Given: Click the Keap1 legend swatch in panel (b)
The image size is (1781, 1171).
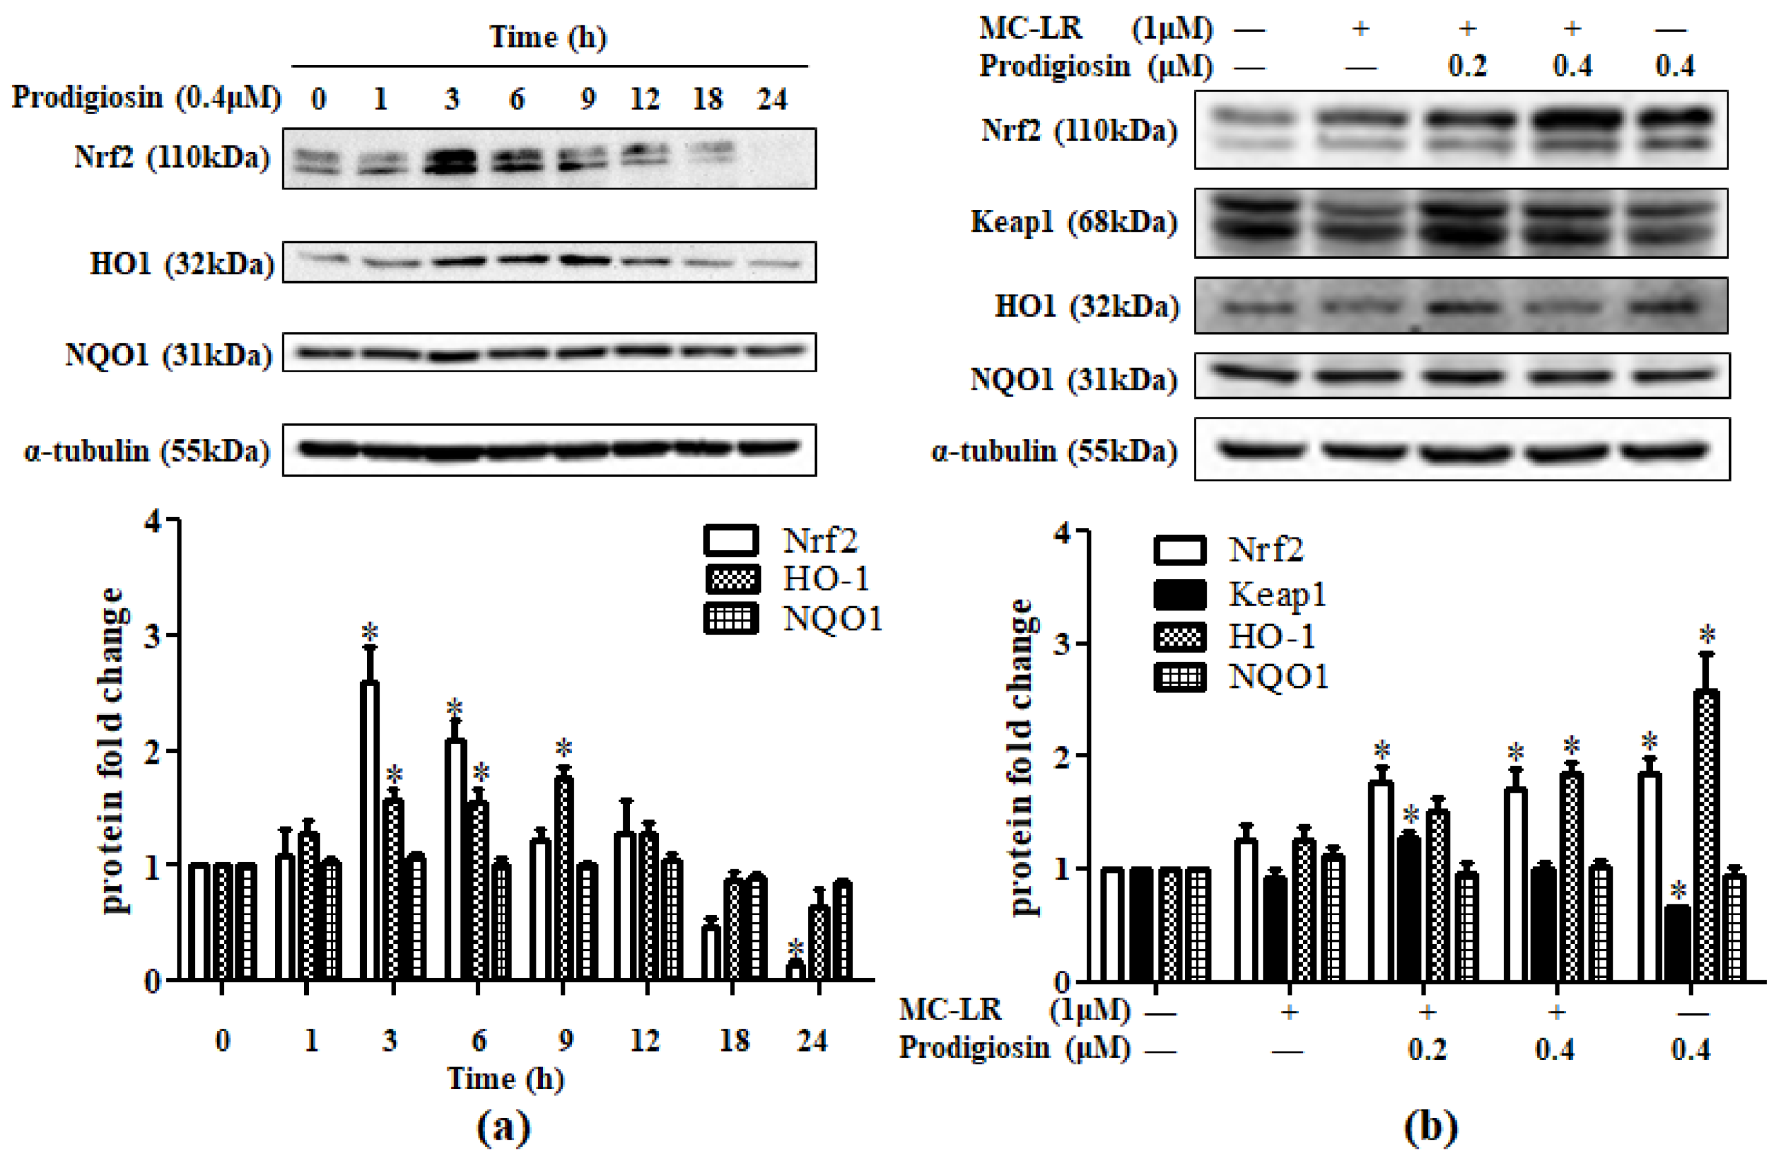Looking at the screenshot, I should pyautogui.click(x=1180, y=595).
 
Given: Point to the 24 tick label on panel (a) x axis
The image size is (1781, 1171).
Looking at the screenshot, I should pyautogui.click(x=812, y=1040).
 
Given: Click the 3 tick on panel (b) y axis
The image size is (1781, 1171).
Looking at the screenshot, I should pyautogui.click(x=1062, y=644).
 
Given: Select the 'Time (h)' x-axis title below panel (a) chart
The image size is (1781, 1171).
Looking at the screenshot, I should pyautogui.click(x=506, y=1078).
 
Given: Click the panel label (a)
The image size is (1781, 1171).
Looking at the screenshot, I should pyautogui.click(x=504, y=1127).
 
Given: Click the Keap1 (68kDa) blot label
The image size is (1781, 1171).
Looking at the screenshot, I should pyautogui.click(x=1074, y=222).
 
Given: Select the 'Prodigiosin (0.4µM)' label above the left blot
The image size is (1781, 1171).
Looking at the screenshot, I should pyautogui.click(x=147, y=97).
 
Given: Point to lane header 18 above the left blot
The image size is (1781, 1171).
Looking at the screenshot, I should pyautogui.click(x=708, y=99).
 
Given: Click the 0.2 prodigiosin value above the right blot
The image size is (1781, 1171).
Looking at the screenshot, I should pyautogui.click(x=1467, y=66).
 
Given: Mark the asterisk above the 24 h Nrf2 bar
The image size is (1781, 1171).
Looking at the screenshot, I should pyautogui.click(x=795, y=947).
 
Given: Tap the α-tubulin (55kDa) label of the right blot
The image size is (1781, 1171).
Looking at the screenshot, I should pyautogui.click(x=1055, y=451).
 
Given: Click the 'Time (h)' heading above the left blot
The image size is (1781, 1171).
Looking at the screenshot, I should pyautogui.click(x=548, y=37).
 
